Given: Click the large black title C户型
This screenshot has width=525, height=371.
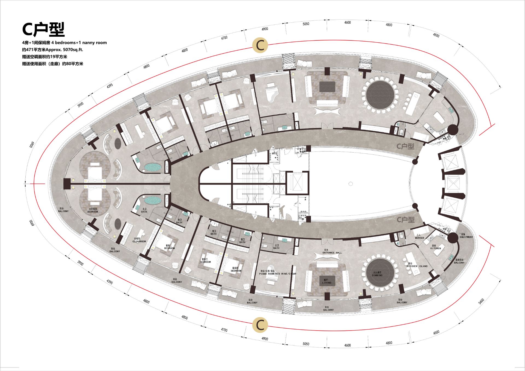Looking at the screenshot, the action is [x=43, y=29].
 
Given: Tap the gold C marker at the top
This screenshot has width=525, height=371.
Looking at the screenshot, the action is [x=260, y=45].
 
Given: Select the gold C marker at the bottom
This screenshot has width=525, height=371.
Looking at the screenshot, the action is [x=260, y=325].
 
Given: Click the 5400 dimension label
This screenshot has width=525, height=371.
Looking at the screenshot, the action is [x=481, y=301].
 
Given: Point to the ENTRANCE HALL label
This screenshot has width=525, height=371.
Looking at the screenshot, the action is [x=332, y=253].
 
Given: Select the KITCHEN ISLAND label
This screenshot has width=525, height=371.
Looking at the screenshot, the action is [x=417, y=266].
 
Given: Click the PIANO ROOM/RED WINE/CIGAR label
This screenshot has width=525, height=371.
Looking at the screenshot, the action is [x=278, y=273].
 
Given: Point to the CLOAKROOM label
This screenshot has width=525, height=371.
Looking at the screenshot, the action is [x=139, y=241].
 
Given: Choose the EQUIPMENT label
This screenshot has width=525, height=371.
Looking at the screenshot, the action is [x=466, y=237].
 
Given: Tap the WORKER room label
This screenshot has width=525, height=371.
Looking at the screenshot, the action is [x=419, y=238].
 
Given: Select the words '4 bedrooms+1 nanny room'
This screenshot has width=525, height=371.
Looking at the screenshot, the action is [x=79, y=43].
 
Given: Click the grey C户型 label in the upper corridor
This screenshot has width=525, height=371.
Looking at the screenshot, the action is [x=406, y=146].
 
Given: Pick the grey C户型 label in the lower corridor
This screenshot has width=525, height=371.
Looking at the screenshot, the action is [x=406, y=220].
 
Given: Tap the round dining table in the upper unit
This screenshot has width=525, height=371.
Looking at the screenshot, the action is [x=380, y=95].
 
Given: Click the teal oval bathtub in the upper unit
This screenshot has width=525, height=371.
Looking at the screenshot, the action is [x=153, y=167].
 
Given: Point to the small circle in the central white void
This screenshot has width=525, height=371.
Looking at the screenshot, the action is [x=351, y=184].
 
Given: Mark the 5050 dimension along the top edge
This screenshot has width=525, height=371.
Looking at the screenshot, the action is [x=306, y=24].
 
